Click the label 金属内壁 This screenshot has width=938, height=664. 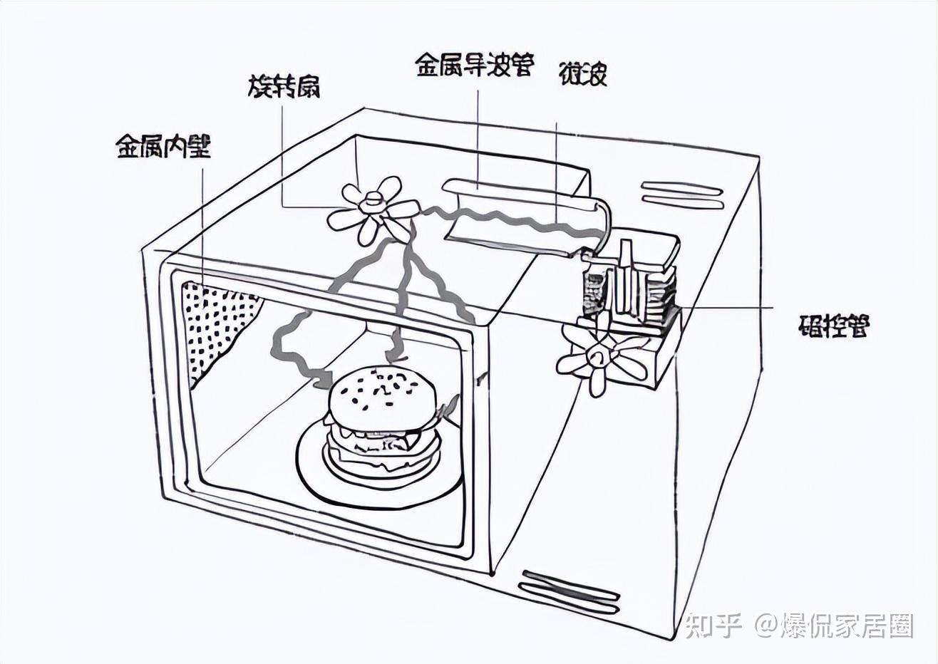163,147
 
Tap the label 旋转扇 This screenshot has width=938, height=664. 284,87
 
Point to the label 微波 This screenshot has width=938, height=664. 583,73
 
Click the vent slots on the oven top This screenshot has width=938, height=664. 683,195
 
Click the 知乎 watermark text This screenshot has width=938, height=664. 713,626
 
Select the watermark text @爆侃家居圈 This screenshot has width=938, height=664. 834,626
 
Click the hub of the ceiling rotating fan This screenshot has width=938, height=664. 372,202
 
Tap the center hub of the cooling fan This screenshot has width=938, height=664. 597,356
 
